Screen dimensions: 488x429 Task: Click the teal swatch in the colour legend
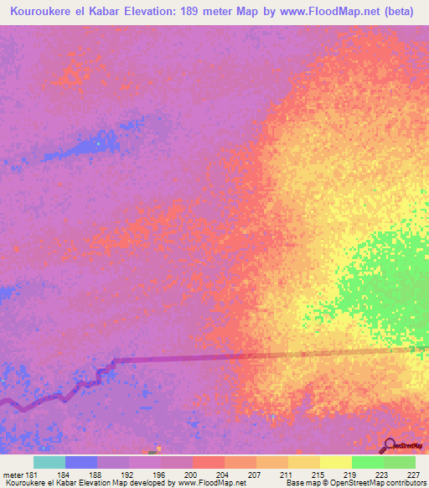(49, 463)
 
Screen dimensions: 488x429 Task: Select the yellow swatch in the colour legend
(335, 463)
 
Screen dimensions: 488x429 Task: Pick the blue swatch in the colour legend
(80, 463)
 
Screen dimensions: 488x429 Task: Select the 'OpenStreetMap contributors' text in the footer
(377, 482)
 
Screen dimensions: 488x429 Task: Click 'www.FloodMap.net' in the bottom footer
(206, 482)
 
